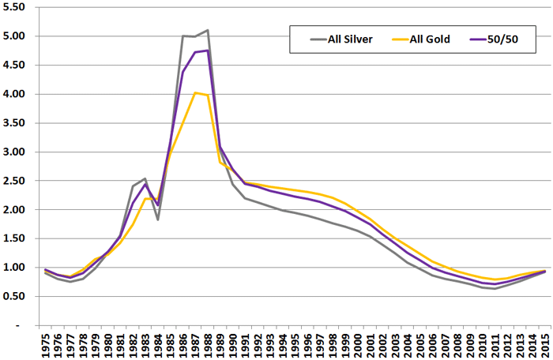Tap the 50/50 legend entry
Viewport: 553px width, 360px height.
click(x=499, y=37)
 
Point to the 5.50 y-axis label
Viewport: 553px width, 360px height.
click(x=17, y=7)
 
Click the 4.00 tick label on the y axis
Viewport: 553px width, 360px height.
click(x=17, y=94)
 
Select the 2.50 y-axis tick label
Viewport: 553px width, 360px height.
click(x=17, y=181)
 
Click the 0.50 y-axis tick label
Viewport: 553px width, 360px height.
click(x=17, y=296)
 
